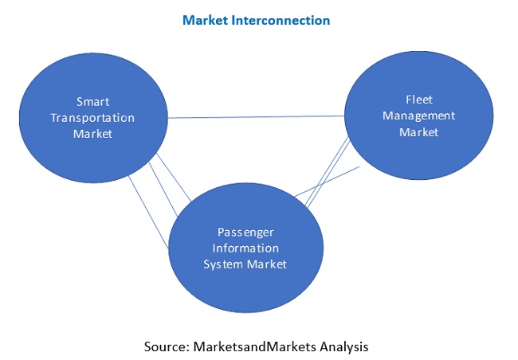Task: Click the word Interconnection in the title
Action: point(281,20)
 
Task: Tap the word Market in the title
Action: point(206,20)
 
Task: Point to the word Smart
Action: point(92,102)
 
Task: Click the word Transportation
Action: point(92,118)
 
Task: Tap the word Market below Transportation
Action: point(92,134)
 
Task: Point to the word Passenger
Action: point(245,232)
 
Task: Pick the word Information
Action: point(245,248)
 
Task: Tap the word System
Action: point(226,264)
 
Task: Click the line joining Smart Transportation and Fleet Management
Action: point(255,117)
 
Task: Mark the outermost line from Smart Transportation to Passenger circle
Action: point(149,215)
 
